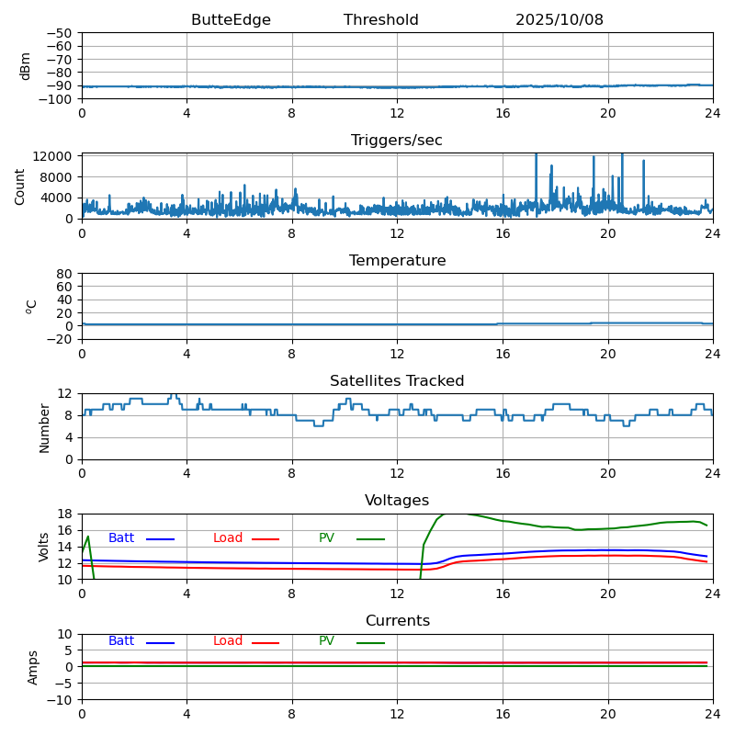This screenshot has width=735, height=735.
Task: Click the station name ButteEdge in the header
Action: pos(231,20)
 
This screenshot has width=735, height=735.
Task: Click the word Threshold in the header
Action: pos(380,20)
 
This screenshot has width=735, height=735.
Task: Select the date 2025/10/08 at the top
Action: pos(559,20)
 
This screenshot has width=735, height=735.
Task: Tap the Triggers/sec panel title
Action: pos(397,141)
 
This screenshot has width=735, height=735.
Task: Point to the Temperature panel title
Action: pos(397,261)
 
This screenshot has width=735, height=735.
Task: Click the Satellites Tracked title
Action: pos(397,381)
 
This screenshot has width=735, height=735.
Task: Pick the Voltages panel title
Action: pos(397,501)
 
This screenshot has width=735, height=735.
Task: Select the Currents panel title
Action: pos(397,621)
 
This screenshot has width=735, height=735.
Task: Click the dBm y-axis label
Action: pos(26,65)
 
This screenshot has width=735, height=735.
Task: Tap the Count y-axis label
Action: pos(20,186)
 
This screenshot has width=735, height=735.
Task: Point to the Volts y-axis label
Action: pos(44,546)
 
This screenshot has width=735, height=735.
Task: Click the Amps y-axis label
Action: pos(33,666)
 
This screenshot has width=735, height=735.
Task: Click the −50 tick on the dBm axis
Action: pos(61,33)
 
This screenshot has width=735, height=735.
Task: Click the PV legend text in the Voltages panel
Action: pos(327,538)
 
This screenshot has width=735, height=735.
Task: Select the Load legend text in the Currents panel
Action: pos(228,641)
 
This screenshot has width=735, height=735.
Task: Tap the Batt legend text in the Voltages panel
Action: pos(121,538)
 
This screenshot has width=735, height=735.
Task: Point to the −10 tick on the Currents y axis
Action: pos(61,700)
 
